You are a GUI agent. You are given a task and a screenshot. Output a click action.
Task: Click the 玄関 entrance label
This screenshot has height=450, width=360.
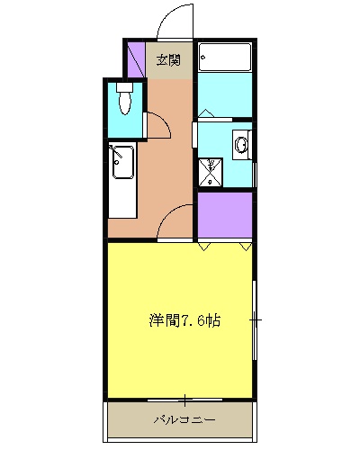[168, 60]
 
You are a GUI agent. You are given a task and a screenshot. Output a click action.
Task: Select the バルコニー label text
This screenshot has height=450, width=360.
[184, 420]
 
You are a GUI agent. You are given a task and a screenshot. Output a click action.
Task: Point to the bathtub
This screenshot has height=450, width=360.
[226, 58]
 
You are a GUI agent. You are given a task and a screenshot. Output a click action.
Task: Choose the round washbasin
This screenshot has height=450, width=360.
[241, 144]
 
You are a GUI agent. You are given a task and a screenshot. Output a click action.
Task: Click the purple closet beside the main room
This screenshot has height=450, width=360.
[225, 216]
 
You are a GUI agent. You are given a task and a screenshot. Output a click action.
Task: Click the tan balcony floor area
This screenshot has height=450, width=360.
[135, 421]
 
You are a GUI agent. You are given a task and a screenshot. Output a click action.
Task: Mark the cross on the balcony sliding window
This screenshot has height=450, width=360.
[184, 399]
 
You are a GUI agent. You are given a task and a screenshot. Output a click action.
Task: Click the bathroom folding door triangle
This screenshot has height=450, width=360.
[206, 114]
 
